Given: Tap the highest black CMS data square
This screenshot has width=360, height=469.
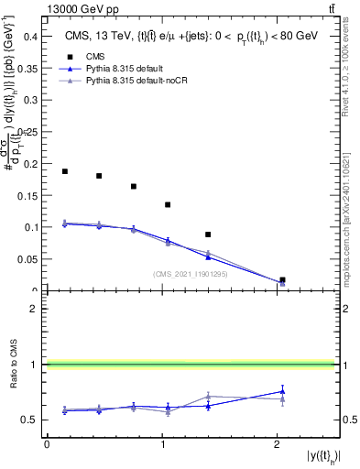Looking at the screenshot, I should click(65, 171).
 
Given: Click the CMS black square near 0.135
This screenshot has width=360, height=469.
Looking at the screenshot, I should click(168, 204).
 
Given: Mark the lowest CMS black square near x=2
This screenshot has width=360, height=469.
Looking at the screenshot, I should click(282, 279).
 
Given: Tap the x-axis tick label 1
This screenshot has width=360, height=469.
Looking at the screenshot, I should click(162, 444).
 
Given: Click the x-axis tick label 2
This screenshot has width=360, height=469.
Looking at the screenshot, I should click(277, 444).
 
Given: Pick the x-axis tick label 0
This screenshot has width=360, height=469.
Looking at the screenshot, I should click(47, 444).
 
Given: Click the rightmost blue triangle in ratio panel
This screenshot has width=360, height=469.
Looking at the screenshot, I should click(282, 391).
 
